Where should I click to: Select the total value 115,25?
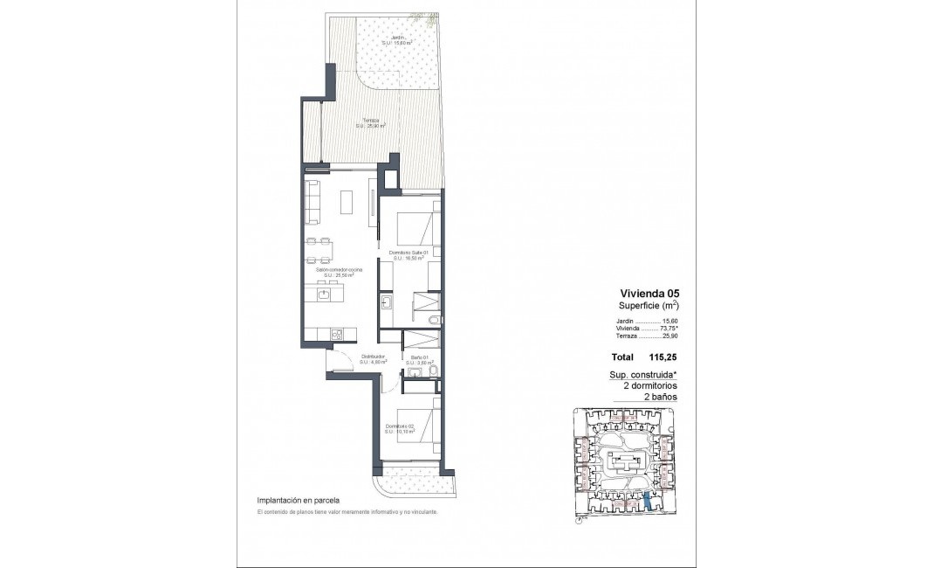click(x=663, y=357)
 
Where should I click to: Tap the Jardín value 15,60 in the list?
click(x=670, y=321)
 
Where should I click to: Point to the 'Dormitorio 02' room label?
click(x=399, y=426)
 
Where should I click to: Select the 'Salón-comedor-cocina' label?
click(x=340, y=271)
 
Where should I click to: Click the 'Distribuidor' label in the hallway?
click(x=374, y=357)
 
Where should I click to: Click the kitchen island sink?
click(x=323, y=295)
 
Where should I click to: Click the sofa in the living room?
click(x=313, y=200)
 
